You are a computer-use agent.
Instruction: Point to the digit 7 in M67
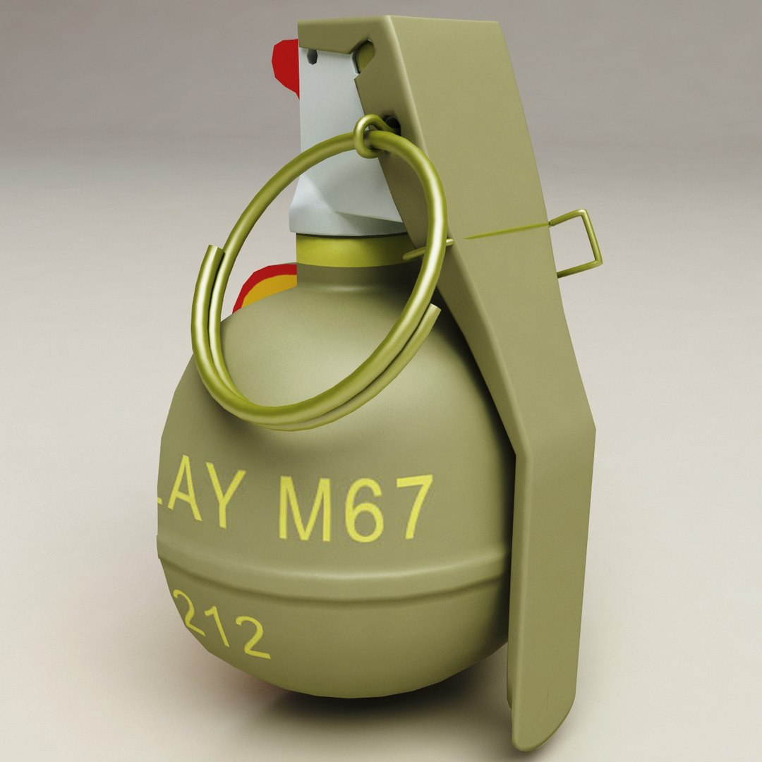tap(412, 506)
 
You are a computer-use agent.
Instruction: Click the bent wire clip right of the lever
tap(582, 243)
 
